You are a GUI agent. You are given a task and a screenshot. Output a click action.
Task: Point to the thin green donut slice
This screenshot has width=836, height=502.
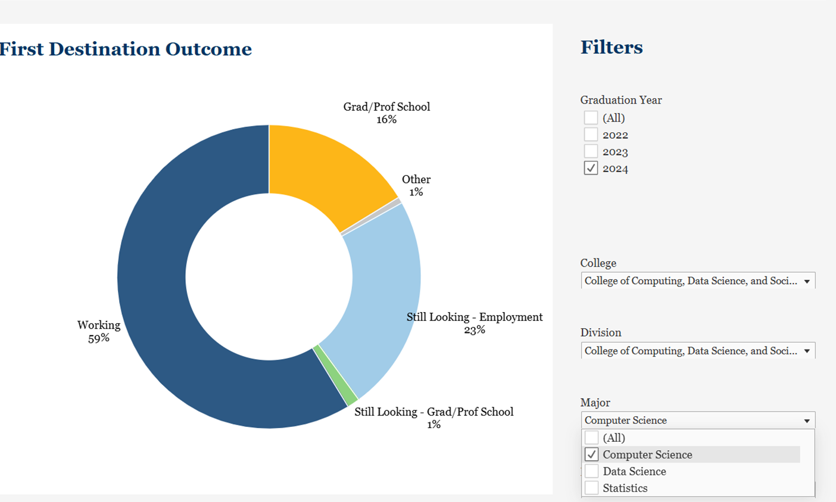tap(335, 375)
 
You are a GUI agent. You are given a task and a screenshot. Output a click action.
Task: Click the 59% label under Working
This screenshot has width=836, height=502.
tap(99, 338)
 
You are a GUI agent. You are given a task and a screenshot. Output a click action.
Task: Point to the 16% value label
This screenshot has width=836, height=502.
tap(386, 120)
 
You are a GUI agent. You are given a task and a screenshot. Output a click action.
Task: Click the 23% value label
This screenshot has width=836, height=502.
tap(475, 330)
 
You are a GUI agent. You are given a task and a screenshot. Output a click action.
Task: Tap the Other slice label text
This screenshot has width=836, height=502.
tap(416, 179)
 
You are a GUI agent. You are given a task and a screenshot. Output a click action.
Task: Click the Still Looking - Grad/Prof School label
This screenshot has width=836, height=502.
tap(433, 411)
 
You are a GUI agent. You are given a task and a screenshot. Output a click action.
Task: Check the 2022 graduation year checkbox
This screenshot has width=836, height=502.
tap(591, 135)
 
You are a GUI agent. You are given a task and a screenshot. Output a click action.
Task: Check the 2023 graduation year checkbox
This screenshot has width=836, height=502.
tap(591, 151)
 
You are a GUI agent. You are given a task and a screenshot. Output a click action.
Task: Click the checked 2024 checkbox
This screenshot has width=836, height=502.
tap(591, 168)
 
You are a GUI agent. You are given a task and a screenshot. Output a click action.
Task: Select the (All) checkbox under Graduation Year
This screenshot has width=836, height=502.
tap(591, 117)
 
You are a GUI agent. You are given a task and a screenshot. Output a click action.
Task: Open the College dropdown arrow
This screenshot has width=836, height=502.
tap(807, 281)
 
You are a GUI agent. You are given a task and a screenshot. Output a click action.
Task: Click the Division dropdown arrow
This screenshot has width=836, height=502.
tap(807, 351)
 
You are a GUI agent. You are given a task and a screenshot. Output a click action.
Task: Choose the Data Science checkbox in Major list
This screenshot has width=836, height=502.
tap(591, 471)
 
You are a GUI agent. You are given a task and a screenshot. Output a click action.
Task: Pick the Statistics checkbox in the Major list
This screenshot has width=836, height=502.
tap(591, 488)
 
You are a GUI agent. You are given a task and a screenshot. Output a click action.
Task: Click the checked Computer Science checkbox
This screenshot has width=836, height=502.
tap(591, 454)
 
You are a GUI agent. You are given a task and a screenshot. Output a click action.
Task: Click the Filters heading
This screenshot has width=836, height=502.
tap(612, 47)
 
